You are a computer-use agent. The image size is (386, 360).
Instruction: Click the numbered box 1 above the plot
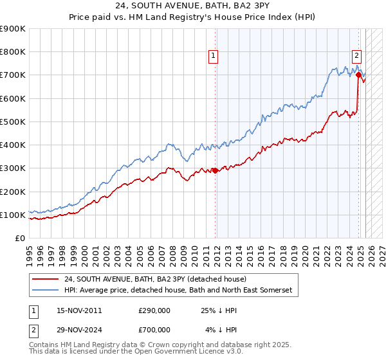(x=213, y=56)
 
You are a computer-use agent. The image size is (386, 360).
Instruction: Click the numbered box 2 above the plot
(x=356, y=56)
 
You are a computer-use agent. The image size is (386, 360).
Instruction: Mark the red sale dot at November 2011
(x=214, y=170)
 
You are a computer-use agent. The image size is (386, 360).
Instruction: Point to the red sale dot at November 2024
(x=358, y=75)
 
